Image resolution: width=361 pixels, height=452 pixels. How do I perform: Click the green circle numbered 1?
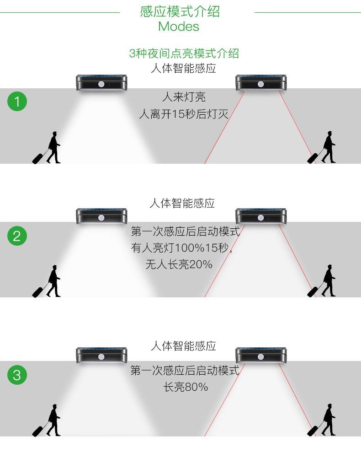click(17, 101)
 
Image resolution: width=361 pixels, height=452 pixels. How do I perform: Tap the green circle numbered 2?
click(17, 237)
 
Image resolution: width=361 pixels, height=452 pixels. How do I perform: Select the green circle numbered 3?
click(17, 375)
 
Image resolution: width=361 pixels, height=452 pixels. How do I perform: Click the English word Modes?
click(179, 27)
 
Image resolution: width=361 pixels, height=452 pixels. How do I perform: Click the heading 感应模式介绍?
click(180, 11)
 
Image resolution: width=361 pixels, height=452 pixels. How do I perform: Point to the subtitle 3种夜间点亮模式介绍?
click(184, 54)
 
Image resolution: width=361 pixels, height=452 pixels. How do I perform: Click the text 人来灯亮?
click(184, 97)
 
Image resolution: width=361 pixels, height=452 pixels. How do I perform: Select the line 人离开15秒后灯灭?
click(184, 114)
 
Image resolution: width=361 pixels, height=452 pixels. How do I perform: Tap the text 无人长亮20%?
click(179, 264)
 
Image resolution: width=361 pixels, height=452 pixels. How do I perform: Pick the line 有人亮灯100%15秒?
click(181, 248)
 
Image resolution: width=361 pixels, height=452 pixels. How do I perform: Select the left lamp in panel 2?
click(101, 216)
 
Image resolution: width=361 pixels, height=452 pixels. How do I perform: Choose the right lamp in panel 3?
click(261, 355)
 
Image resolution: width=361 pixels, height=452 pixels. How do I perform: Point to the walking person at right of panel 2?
click(328, 280)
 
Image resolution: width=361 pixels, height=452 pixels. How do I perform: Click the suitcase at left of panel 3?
click(40, 430)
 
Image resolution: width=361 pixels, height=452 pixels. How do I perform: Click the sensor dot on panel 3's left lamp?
click(101, 357)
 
